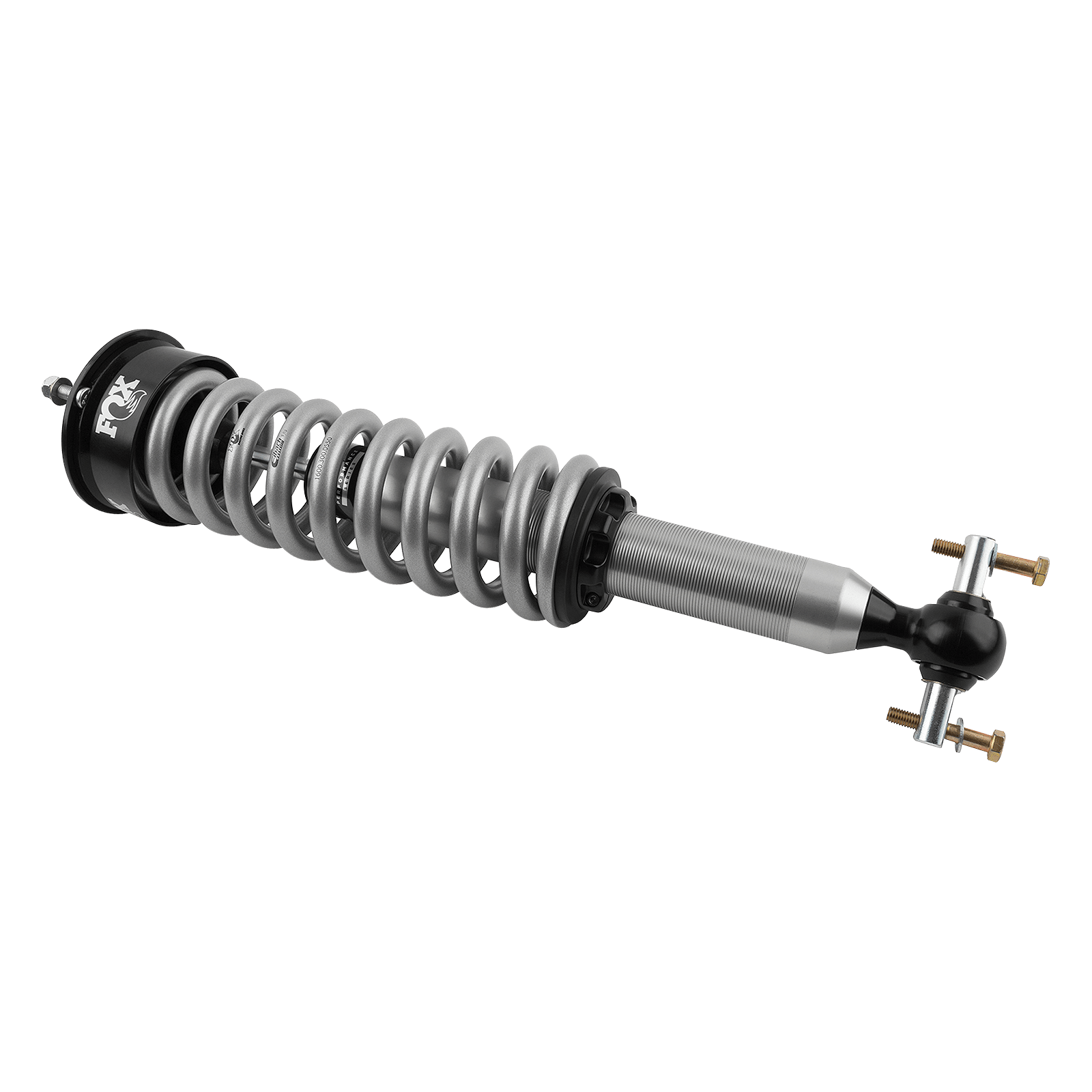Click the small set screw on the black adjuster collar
point(592,599)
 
